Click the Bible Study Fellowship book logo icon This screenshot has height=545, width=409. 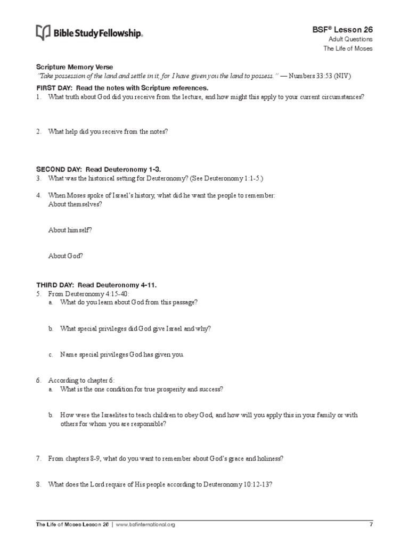point(43,33)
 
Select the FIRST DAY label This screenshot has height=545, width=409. point(53,87)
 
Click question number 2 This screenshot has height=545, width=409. point(39,131)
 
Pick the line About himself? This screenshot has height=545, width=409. point(70,230)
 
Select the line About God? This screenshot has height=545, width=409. point(66,255)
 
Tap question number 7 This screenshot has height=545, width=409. point(39,458)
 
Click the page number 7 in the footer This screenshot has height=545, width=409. point(371,524)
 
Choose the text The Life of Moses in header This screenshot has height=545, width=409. point(348,48)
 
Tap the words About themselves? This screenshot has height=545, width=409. point(75,204)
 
